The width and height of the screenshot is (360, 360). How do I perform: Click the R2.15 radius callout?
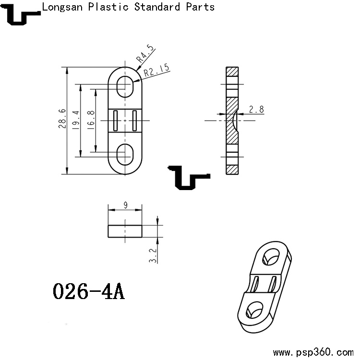coord(157,71)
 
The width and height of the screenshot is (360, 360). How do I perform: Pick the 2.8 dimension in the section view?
coord(256,109)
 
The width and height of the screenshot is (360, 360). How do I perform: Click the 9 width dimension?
coord(125,205)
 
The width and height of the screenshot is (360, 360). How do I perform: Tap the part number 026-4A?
coord(88,291)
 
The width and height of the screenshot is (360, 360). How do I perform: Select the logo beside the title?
coord(21,14)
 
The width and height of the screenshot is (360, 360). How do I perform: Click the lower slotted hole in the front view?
coord(125,154)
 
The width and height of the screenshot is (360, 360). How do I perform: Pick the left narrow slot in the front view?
coord(116,120)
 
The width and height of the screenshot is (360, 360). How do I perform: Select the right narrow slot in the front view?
coord(135,120)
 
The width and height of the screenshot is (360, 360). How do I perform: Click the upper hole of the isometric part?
coord(272,256)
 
